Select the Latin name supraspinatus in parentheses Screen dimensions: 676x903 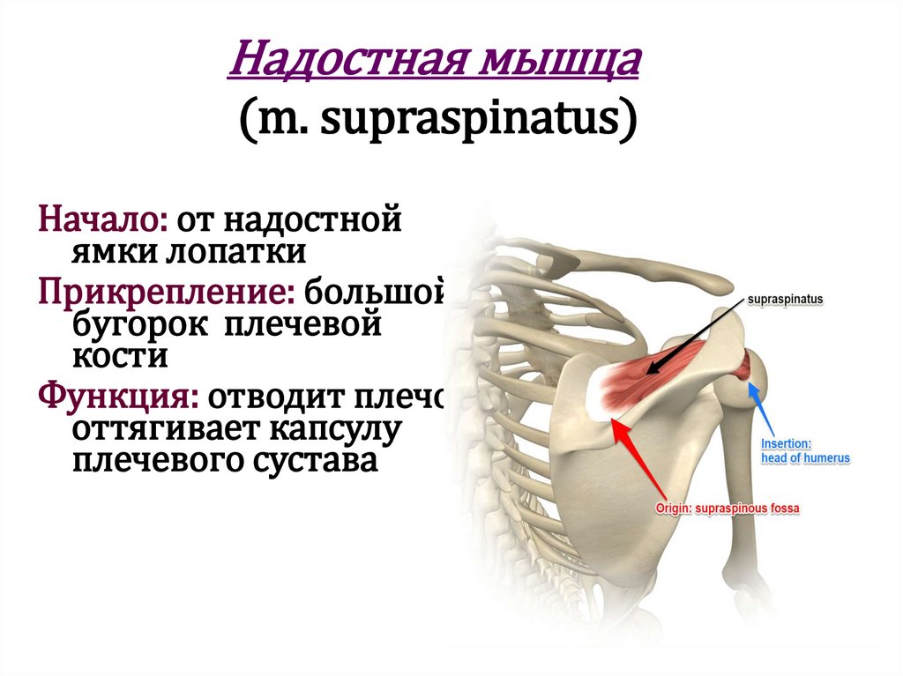[468, 121]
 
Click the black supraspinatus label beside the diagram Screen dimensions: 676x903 [784, 300]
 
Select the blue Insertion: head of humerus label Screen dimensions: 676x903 [804, 452]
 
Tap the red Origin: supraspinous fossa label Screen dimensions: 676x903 [727, 509]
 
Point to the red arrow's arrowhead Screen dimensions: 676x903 [616, 425]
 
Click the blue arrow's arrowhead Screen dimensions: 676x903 [750, 384]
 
